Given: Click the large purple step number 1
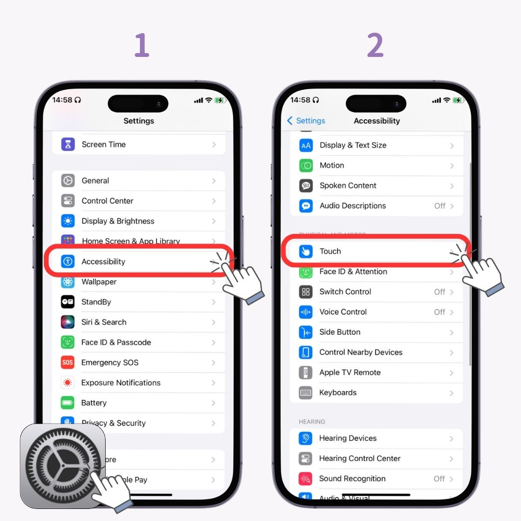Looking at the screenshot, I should click(x=141, y=46).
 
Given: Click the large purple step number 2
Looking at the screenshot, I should click(x=375, y=46).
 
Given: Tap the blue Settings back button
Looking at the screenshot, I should click(x=306, y=121).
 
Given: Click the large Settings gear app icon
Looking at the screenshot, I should click(x=63, y=466).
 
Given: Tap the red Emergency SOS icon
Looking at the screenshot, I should click(x=68, y=362).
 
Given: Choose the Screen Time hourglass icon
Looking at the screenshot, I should click(x=68, y=144).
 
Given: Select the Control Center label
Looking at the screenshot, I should click(x=107, y=201).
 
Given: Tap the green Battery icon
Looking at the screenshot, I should click(x=68, y=403).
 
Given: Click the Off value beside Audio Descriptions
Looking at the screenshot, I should click(x=439, y=206).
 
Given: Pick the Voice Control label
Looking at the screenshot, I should click(x=343, y=312).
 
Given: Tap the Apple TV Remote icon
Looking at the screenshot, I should click(x=306, y=372).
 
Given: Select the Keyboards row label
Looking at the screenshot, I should click(x=338, y=393).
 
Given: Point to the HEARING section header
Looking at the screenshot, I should click(x=312, y=422).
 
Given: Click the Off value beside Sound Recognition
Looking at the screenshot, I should click(x=439, y=479).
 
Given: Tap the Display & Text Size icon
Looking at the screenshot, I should click(x=306, y=145).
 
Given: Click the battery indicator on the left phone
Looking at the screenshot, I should click(x=220, y=100).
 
